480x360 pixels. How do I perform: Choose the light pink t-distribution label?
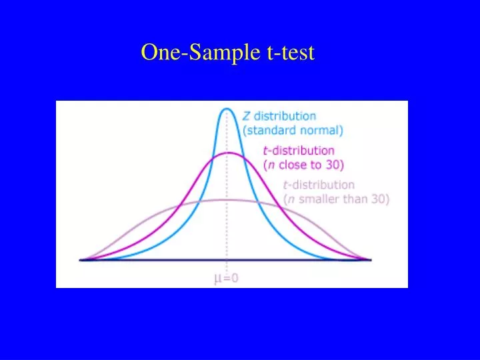click(x=319, y=185)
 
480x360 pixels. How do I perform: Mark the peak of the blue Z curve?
click(x=227, y=109)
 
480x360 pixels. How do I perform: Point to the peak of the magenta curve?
click(x=227, y=153)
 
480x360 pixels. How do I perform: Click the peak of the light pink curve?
click(x=227, y=199)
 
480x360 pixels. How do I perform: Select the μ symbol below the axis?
click(x=217, y=279)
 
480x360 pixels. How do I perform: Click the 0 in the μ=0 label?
click(x=234, y=279)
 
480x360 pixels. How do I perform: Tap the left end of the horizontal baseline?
click(x=80, y=259)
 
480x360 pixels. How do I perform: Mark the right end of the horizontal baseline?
click(x=371, y=259)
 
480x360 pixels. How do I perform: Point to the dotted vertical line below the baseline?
click(x=227, y=267)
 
